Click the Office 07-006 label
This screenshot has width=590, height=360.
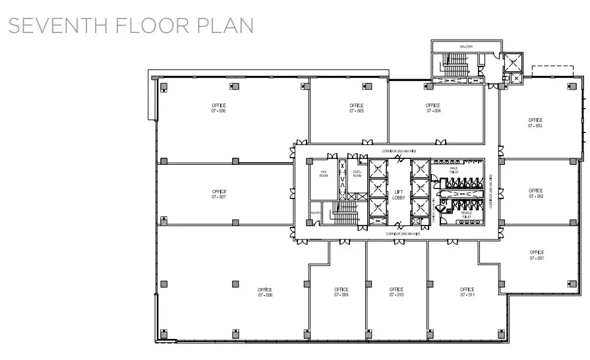point(219,108)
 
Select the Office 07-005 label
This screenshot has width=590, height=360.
point(357,108)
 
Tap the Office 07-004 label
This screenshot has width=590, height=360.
point(432,108)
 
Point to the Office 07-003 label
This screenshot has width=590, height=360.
point(535,123)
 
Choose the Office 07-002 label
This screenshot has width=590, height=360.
point(536,194)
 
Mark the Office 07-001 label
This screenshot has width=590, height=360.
point(537,255)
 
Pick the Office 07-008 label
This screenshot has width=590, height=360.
point(265,292)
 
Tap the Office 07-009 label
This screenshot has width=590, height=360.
point(341,292)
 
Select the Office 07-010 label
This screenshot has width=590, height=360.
point(396,292)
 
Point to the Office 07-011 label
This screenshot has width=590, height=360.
point(467,292)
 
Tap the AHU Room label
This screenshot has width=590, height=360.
point(324,174)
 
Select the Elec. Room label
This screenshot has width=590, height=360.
point(357,174)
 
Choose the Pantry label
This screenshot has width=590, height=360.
point(316,214)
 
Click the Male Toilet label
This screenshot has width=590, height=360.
point(454,169)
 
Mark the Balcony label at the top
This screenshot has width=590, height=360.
point(467,46)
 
